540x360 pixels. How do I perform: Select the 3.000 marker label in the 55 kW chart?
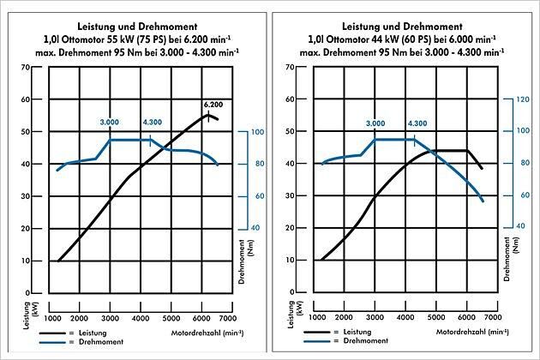click(111, 123)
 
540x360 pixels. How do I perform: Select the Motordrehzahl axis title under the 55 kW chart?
click(198, 330)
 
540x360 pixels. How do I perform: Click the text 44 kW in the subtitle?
click(392, 39)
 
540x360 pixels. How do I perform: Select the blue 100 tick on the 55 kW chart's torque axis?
click(244, 132)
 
